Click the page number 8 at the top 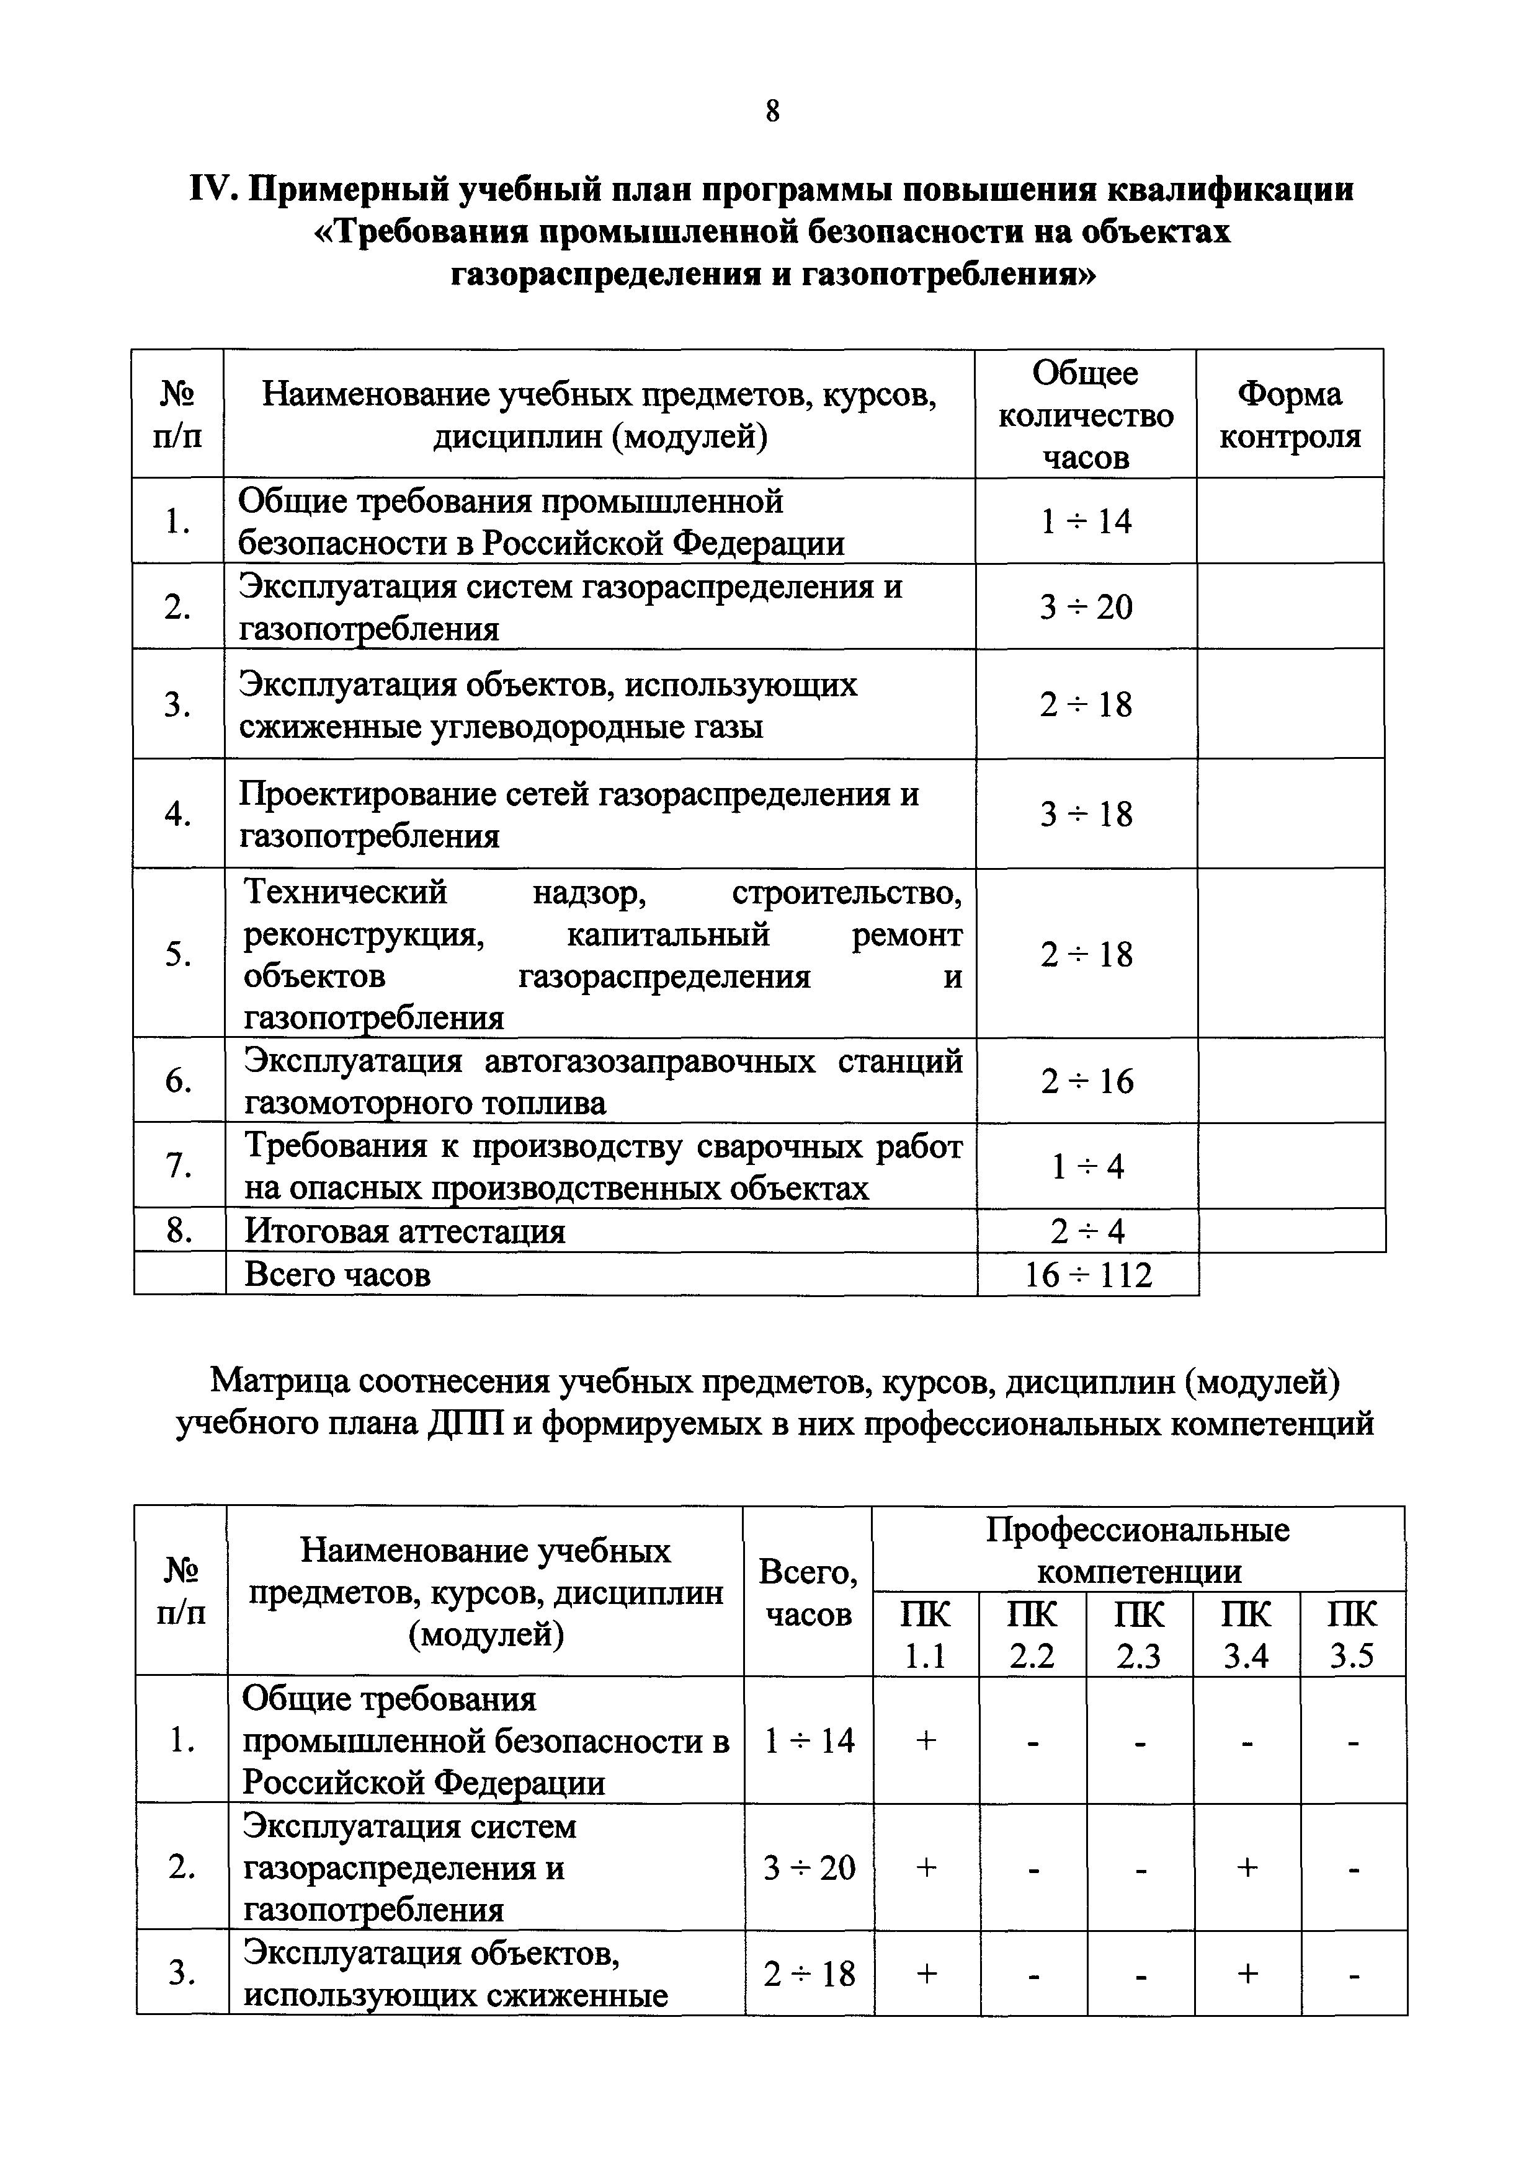(x=772, y=112)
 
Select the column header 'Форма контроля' (x=1289, y=415)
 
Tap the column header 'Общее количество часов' (x=1086, y=415)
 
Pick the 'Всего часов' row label (x=337, y=1274)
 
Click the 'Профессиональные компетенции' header (x=1138, y=1551)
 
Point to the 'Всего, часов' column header (x=808, y=1592)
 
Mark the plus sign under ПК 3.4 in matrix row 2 (x=1246, y=1867)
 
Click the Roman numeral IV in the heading (x=213, y=190)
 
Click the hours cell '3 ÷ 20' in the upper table (x=1086, y=606)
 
